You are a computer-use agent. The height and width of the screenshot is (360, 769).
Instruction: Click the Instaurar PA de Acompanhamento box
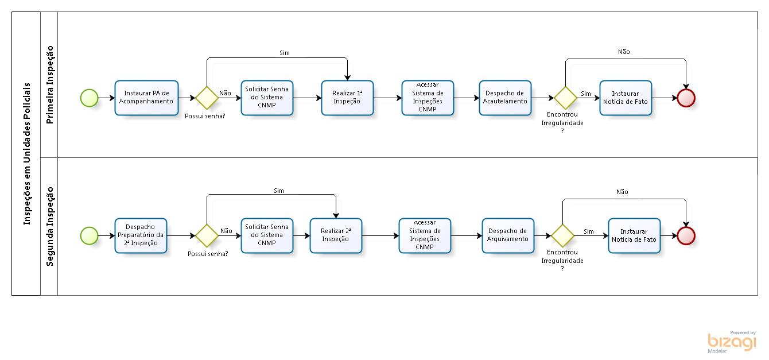pyautogui.click(x=146, y=98)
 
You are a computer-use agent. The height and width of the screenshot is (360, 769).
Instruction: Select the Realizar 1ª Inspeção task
pyautogui.click(x=347, y=98)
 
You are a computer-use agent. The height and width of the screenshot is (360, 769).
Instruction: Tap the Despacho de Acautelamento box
pyautogui.click(x=505, y=98)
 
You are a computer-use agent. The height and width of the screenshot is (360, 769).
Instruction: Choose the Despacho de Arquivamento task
pyautogui.click(x=508, y=235)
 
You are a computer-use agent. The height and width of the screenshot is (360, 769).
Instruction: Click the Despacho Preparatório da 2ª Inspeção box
pyautogui.click(x=141, y=235)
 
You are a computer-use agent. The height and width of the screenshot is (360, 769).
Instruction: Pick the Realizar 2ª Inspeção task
pyautogui.click(x=336, y=235)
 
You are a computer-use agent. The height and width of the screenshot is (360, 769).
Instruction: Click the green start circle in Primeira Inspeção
pyautogui.click(x=90, y=98)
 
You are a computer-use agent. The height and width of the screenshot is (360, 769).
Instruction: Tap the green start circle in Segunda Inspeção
pyautogui.click(x=90, y=235)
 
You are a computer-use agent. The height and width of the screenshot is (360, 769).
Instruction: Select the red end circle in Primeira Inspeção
pyautogui.click(x=686, y=98)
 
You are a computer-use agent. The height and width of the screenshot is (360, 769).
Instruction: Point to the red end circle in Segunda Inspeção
pyautogui.click(x=686, y=235)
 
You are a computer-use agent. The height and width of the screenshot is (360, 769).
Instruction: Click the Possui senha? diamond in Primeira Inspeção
pyautogui.click(x=207, y=98)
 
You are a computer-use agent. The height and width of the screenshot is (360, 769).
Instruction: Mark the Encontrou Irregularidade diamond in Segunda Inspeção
pyautogui.click(x=562, y=235)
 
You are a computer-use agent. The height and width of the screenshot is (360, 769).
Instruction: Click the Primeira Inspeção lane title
pyautogui.click(x=50, y=84)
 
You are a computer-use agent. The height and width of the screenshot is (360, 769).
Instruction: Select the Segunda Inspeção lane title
pyautogui.click(x=50, y=226)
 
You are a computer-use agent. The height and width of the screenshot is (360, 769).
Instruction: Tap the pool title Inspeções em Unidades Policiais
pyautogui.click(x=27, y=154)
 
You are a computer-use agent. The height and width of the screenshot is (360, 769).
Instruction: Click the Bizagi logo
pyautogui.click(x=732, y=342)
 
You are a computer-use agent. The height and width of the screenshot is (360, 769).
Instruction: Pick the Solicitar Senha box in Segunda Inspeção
pyautogui.click(x=267, y=235)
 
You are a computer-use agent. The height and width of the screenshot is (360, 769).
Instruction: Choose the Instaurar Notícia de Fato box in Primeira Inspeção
pyautogui.click(x=626, y=98)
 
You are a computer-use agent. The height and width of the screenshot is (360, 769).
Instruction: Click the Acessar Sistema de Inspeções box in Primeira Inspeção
pyautogui.click(x=428, y=98)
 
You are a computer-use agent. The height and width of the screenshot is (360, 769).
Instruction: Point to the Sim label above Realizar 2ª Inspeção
pyautogui.click(x=279, y=191)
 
